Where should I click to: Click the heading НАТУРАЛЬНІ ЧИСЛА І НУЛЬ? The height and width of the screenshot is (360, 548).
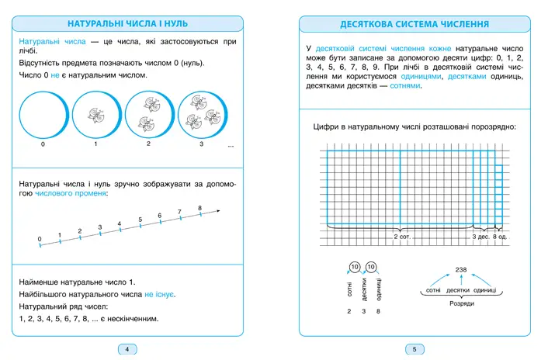coord(127,24)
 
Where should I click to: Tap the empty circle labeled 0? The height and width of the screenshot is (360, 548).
coord(43,115)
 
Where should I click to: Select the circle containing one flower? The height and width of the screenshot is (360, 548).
coord(96,115)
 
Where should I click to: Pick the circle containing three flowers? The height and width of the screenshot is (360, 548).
coord(201,115)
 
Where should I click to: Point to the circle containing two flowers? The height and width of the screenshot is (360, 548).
coord(148,115)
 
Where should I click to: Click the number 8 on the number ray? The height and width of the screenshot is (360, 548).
coord(200,208)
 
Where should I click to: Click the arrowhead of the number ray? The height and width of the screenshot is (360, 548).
coord(220,209)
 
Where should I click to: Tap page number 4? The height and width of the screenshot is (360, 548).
coord(127,348)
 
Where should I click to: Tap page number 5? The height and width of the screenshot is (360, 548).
coord(414,348)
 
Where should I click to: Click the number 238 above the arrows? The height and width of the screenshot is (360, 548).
coord(462,269)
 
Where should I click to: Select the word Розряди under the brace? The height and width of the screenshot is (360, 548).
coord(462,303)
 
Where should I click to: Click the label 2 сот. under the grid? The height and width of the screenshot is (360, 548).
coord(401,237)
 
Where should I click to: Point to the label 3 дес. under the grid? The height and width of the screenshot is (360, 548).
coord(480,237)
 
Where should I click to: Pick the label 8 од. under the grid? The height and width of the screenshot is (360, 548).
coord(500,237)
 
